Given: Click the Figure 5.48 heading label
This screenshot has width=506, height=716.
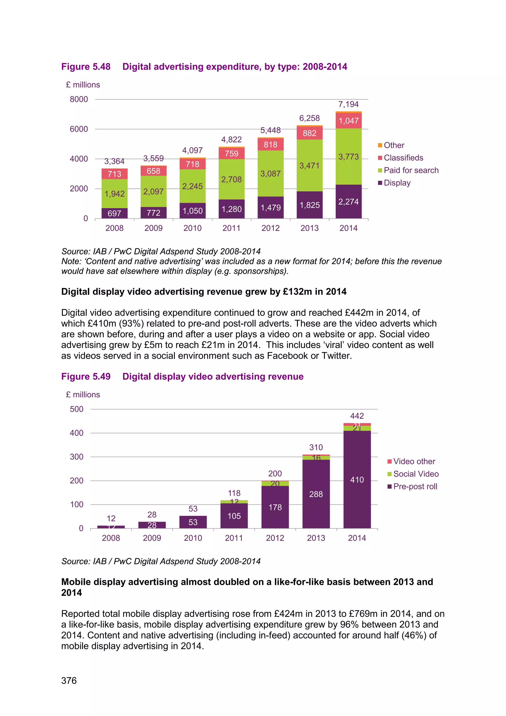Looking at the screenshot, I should [86, 67].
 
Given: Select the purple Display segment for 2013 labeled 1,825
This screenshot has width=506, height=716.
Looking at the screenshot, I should [309, 205].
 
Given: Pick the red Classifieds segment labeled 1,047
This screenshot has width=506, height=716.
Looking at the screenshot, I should [348, 121].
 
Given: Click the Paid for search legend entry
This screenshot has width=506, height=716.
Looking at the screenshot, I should [411, 170].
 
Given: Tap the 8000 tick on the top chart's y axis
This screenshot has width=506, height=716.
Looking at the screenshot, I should [79, 99].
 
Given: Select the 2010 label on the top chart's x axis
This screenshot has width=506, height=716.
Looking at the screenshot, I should [192, 228].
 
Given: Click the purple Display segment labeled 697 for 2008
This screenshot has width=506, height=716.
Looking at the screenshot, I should [114, 213].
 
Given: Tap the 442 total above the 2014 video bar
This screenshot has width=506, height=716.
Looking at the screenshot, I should [357, 416].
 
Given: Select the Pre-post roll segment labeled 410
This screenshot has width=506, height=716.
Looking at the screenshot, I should [357, 480].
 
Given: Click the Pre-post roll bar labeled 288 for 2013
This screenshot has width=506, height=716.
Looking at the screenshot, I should [316, 494].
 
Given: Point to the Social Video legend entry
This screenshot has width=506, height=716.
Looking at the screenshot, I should [416, 474].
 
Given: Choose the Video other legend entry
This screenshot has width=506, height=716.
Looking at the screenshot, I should [414, 462].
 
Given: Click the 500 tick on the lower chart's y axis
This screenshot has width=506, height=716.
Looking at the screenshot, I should [77, 409].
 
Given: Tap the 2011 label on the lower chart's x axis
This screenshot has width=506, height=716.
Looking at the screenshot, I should [234, 538].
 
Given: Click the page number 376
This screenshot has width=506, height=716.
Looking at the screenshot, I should [69, 680].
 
